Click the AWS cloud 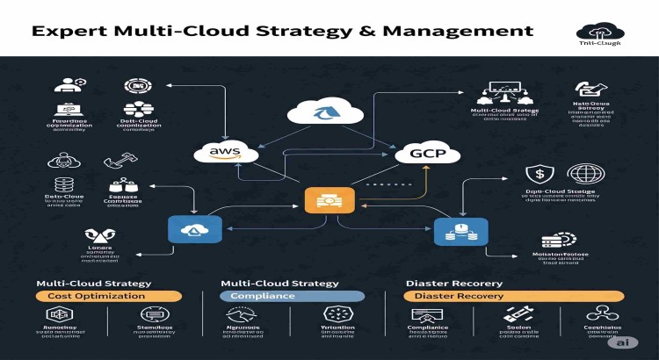(226, 152)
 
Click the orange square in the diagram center (316, 199)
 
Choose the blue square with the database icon (453, 232)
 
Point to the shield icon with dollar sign (537, 174)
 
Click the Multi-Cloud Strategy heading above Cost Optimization (93, 284)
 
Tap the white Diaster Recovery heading (453, 284)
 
